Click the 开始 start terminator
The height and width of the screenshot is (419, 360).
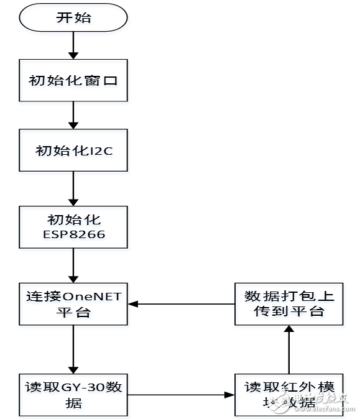73,18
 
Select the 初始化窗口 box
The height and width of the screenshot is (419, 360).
73,81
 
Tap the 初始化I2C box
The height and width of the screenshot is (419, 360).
73,150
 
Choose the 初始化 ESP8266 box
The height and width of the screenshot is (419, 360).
73,228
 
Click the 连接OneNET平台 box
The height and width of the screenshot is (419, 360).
73,303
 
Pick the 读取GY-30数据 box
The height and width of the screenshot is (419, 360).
73,394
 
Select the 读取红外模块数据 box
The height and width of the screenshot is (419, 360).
289,394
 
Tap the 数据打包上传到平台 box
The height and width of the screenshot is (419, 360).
289,303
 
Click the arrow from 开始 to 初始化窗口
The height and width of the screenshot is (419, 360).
73,47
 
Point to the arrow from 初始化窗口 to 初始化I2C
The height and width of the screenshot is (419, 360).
73,116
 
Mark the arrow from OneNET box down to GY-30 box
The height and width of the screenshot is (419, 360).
73,348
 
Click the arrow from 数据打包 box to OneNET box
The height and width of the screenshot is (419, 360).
181,303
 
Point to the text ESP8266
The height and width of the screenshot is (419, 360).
73,235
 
